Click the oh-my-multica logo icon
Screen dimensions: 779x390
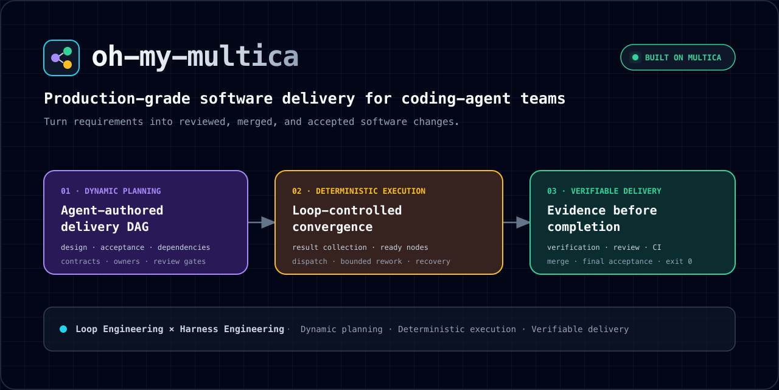(61, 58)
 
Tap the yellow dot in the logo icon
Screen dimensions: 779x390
(68, 65)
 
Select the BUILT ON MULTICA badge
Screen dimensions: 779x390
(678, 57)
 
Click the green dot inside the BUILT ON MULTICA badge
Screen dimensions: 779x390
(635, 57)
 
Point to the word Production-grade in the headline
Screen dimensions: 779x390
(117, 99)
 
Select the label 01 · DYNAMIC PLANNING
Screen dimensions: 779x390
(111, 191)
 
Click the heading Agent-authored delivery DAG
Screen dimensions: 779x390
(112, 219)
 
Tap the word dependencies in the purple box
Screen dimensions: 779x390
(184, 247)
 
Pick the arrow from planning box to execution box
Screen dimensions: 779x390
(262, 222)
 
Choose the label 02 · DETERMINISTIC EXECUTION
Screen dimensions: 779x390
(358, 191)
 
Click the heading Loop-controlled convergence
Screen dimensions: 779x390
(347, 219)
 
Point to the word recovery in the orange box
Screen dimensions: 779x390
(433, 261)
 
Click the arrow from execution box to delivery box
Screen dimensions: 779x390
(517, 222)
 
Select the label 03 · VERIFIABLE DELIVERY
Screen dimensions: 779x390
(604, 191)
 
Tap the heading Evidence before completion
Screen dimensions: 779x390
(602, 219)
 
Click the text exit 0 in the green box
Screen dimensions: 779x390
(679, 261)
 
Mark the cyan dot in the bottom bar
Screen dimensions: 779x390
(63, 329)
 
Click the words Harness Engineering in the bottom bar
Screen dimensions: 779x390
(232, 330)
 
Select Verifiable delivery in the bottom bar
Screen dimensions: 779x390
(580, 330)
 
